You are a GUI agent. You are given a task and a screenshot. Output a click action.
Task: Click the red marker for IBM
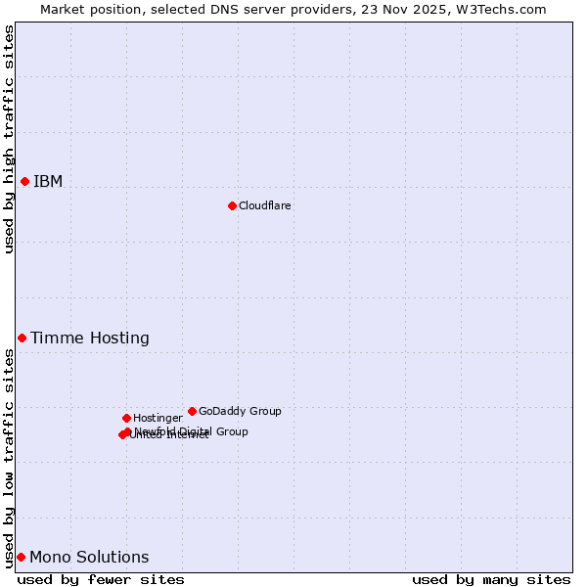24,181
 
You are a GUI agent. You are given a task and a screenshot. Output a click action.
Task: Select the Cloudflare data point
232,205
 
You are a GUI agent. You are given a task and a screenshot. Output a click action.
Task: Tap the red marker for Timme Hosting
22,338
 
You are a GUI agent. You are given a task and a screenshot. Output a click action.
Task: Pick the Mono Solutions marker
21,557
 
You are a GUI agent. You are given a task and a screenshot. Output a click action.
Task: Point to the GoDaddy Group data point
192,411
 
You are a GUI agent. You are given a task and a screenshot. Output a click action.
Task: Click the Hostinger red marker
126,418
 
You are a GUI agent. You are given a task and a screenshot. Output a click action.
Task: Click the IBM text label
48,181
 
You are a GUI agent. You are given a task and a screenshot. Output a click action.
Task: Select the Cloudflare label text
265,205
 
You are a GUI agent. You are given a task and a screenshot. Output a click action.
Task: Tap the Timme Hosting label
90,338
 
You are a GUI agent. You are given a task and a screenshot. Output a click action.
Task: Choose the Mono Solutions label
89,557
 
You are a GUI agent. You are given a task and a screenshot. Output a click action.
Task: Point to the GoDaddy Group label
240,411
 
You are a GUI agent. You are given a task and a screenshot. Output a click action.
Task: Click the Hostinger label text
158,418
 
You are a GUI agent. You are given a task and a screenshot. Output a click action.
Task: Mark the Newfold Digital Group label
192,430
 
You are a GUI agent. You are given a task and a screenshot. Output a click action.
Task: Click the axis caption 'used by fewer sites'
101,579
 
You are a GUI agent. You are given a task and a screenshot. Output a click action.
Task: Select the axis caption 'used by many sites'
491,579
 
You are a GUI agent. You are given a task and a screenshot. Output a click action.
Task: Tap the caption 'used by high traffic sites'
9,139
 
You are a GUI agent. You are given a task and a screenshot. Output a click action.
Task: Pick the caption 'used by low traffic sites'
9,458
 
